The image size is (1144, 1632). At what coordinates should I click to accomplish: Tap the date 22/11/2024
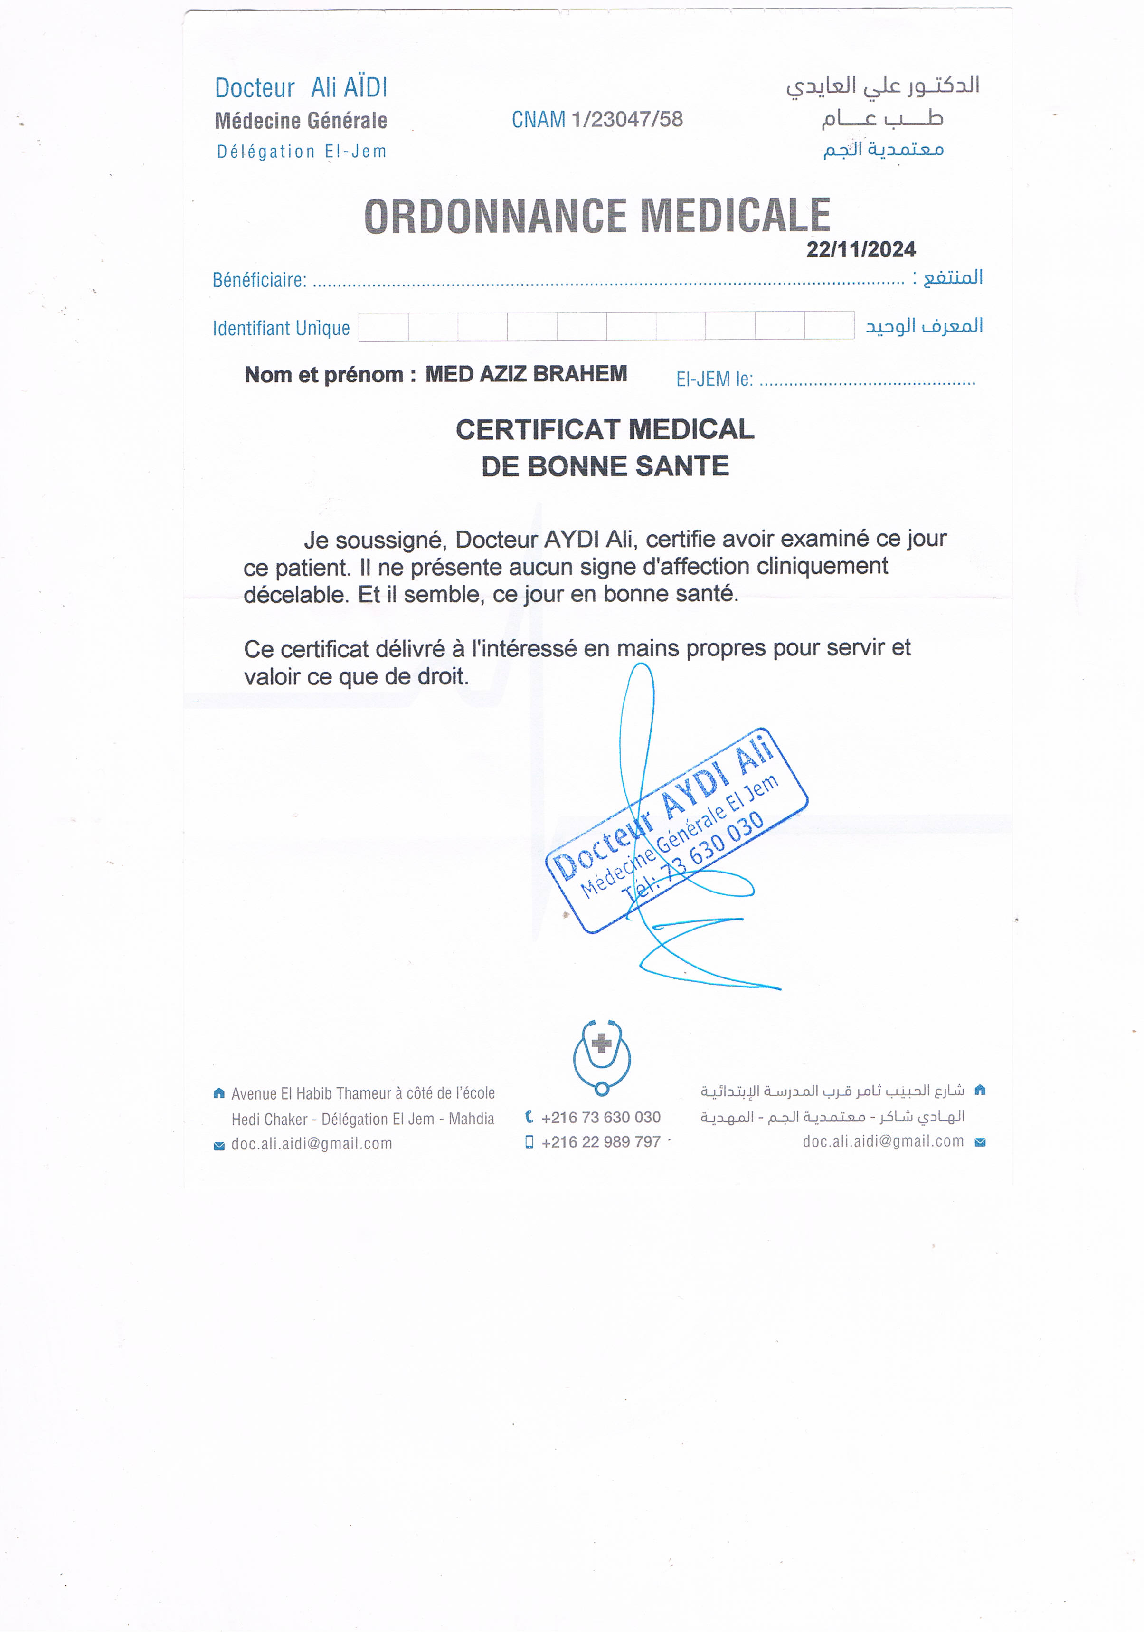click(x=860, y=249)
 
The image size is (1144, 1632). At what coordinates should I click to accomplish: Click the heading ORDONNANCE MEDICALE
click(x=597, y=216)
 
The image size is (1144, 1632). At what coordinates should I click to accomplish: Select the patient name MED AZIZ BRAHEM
click(x=526, y=374)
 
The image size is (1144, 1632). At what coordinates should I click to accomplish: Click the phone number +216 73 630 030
click(x=600, y=1118)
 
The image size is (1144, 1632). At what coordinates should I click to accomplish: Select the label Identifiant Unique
click(x=282, y=328)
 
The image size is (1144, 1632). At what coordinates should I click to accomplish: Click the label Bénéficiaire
click(x=259, y=280)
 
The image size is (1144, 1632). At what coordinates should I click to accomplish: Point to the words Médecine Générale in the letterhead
click(x=301, y=121)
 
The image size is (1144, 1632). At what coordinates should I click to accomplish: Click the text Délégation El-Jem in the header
click(x=301, y=152)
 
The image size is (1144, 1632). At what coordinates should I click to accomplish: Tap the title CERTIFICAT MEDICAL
click(x=605, y=429)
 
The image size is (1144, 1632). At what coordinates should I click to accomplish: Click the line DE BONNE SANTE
click(x=605, y=466)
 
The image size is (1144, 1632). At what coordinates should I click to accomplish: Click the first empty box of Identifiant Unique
click(x=384, y=327)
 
